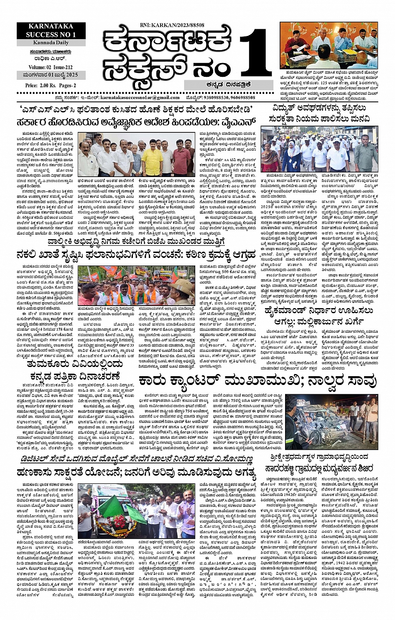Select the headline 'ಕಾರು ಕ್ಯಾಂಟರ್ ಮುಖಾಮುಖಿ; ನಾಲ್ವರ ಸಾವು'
(258, 381)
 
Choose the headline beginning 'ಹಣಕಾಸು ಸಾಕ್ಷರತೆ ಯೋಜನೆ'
(136, 473)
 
